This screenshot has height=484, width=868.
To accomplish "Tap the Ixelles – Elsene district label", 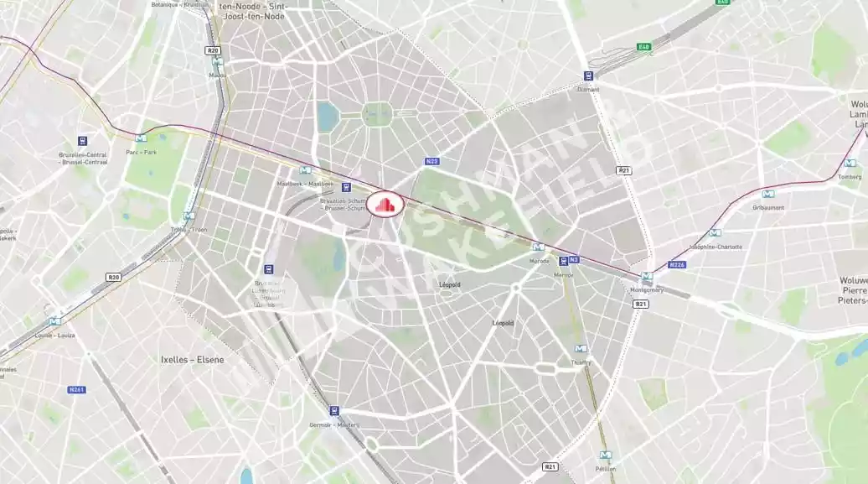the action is click(x=192, y=359).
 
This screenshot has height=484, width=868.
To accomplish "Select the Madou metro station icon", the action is click(x=217, y=61).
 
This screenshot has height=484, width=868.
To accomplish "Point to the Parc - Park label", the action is click(x=141, y=152).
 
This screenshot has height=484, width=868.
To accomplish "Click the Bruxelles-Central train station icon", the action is click(x=82, y=141).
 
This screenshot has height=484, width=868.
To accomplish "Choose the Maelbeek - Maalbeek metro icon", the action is click(x=305, y=170).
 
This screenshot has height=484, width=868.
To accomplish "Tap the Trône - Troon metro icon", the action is click(x=189, y=216).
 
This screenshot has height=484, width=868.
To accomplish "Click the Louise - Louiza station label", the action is click(x=54, y=334).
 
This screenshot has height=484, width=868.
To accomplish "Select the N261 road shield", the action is click(x=76, y=389).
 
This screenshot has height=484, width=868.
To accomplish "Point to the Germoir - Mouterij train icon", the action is click(x=334, y=411).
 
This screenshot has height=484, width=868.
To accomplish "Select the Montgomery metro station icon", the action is click(x=646, y=277).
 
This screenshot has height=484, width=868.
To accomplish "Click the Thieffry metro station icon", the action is click(x=581, y=349).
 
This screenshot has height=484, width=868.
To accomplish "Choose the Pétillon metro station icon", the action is click(x=605, y=455).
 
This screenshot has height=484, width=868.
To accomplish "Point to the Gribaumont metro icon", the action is click(x=767, y=194).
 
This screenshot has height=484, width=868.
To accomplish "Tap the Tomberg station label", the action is click(x=850, y=176).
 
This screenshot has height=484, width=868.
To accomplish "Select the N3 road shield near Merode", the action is click(x=574, y=260).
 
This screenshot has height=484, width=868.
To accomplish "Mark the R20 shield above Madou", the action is click(x=214, y=50).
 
